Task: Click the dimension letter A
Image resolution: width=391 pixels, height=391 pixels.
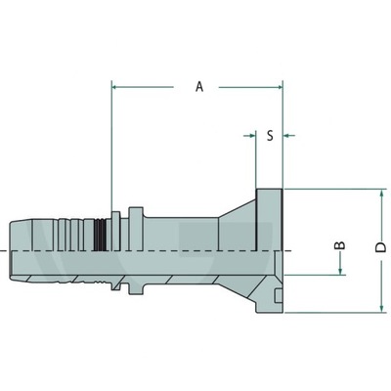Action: click(x=199, y=87)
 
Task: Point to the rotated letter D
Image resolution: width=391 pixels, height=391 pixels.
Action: click(x=380, y=249)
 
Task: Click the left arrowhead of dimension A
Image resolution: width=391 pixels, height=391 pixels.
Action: click(x=117, y=87)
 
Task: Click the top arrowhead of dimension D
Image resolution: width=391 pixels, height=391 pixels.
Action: click(x=380, y=193)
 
